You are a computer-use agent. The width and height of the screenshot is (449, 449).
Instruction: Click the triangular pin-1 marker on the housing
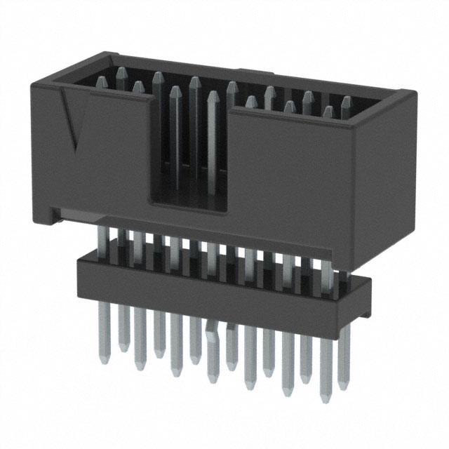point(72,119)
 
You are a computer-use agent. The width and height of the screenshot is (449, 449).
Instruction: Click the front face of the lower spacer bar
point(210,288)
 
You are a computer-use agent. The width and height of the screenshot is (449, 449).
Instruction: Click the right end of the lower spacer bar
point(365,302)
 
